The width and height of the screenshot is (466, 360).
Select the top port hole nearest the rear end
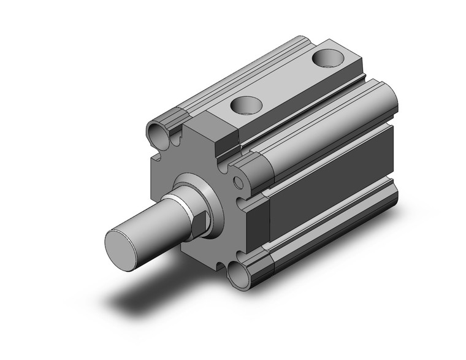pyautogui.click(x=326, y=59)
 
